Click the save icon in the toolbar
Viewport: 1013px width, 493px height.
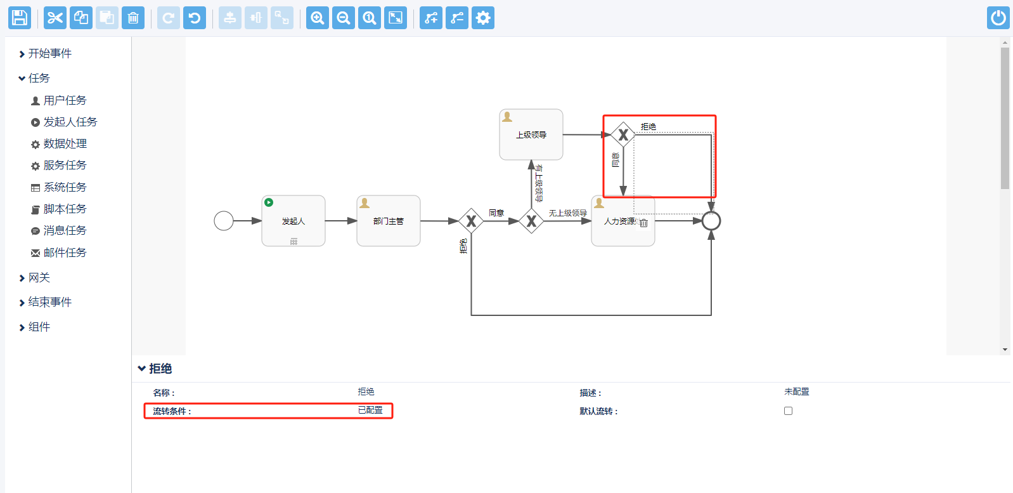[20, 18]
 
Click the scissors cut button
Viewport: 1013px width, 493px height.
[55, 18]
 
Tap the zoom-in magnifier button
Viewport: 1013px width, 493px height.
[318, 18]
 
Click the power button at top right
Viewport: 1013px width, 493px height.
[998, 18]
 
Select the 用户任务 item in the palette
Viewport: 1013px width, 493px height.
[65, 100]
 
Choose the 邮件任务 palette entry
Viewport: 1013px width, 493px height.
[65, 253]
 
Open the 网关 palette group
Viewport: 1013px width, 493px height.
[39, 277]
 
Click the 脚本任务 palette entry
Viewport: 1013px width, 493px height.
[65, 209]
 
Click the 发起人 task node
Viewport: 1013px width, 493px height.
[294, 221]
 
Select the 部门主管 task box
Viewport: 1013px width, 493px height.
[389, 221]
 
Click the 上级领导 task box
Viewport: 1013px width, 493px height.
[531, 135]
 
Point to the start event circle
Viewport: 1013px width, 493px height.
[224, 221]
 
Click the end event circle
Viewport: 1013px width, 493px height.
[711, 221]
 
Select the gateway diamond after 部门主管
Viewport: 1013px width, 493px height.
[471, 221]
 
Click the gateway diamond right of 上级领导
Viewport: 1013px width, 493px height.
[623, 135]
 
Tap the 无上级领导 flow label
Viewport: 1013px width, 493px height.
[567, 213]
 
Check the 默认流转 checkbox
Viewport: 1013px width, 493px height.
[788, 411]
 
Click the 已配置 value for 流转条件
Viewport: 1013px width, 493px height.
[370, 411]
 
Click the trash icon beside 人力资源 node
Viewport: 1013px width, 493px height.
[643, 223]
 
